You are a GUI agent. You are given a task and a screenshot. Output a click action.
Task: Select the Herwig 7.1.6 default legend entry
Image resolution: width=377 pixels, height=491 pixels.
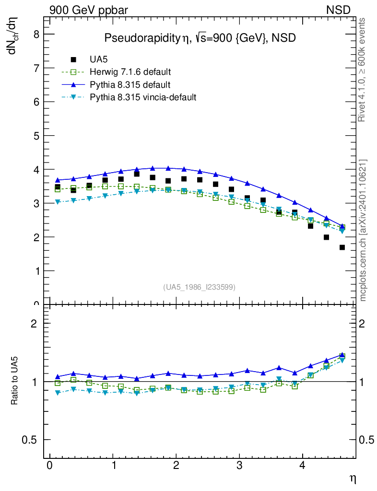130,72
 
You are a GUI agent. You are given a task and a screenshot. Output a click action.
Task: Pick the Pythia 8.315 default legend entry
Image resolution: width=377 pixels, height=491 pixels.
130,85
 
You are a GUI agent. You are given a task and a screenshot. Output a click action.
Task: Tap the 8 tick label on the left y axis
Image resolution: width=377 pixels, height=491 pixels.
35,34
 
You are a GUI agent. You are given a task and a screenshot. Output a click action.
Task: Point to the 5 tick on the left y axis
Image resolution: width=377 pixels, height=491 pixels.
35,136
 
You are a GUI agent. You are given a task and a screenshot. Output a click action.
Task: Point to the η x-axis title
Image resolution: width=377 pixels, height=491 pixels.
352,478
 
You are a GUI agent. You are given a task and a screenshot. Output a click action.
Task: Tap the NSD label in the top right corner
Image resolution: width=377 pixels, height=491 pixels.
339,10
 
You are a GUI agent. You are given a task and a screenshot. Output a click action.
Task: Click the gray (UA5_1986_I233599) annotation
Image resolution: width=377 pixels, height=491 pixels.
199,287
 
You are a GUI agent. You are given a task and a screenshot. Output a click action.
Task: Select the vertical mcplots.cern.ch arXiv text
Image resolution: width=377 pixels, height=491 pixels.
364,230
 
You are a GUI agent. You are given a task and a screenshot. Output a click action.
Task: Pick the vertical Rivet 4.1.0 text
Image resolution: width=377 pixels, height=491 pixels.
363,70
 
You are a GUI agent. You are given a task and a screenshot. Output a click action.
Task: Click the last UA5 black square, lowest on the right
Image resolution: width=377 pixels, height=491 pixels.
342,247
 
